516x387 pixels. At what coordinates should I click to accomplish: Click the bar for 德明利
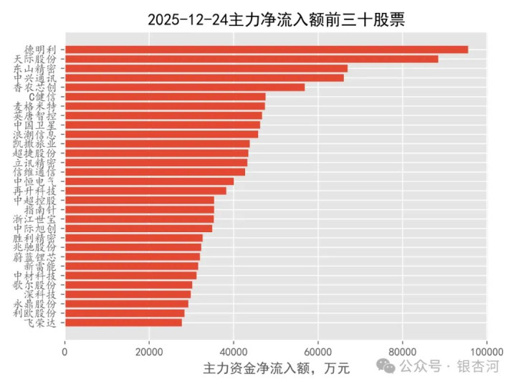point(265,49)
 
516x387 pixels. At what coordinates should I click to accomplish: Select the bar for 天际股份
point(251,59)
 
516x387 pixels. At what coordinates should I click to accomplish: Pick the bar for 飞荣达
point(123,322)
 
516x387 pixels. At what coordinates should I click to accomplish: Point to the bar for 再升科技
point(145,191)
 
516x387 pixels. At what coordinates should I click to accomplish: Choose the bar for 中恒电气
point(149,181)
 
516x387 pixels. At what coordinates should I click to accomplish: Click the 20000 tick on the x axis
point(149,351)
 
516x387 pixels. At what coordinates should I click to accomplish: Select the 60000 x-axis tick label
point(318,351)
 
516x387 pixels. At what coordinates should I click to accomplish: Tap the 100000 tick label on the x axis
point(486,351)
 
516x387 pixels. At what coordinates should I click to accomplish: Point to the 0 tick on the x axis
point(65,351)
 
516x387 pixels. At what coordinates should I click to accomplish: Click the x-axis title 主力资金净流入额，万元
point(276,369)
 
